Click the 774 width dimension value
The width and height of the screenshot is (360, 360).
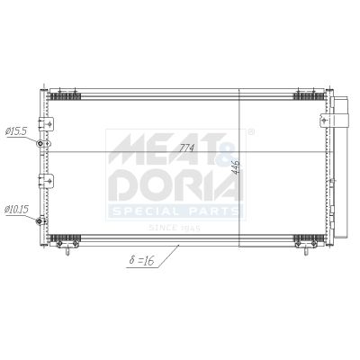[187, 148]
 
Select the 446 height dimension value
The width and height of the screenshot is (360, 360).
[236, 167]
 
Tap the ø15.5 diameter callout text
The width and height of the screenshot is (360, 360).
[16, 131]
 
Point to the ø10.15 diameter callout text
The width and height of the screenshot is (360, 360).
[16, 209]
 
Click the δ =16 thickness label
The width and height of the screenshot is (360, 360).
[141, 260]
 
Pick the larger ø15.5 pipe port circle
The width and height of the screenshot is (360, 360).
[40, 144]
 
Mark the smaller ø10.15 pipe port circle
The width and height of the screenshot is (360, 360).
[39, 221]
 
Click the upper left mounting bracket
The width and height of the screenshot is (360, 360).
[46, 123]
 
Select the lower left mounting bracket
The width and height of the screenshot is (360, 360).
[46, 181]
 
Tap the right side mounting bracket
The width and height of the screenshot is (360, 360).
[326, 121]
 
